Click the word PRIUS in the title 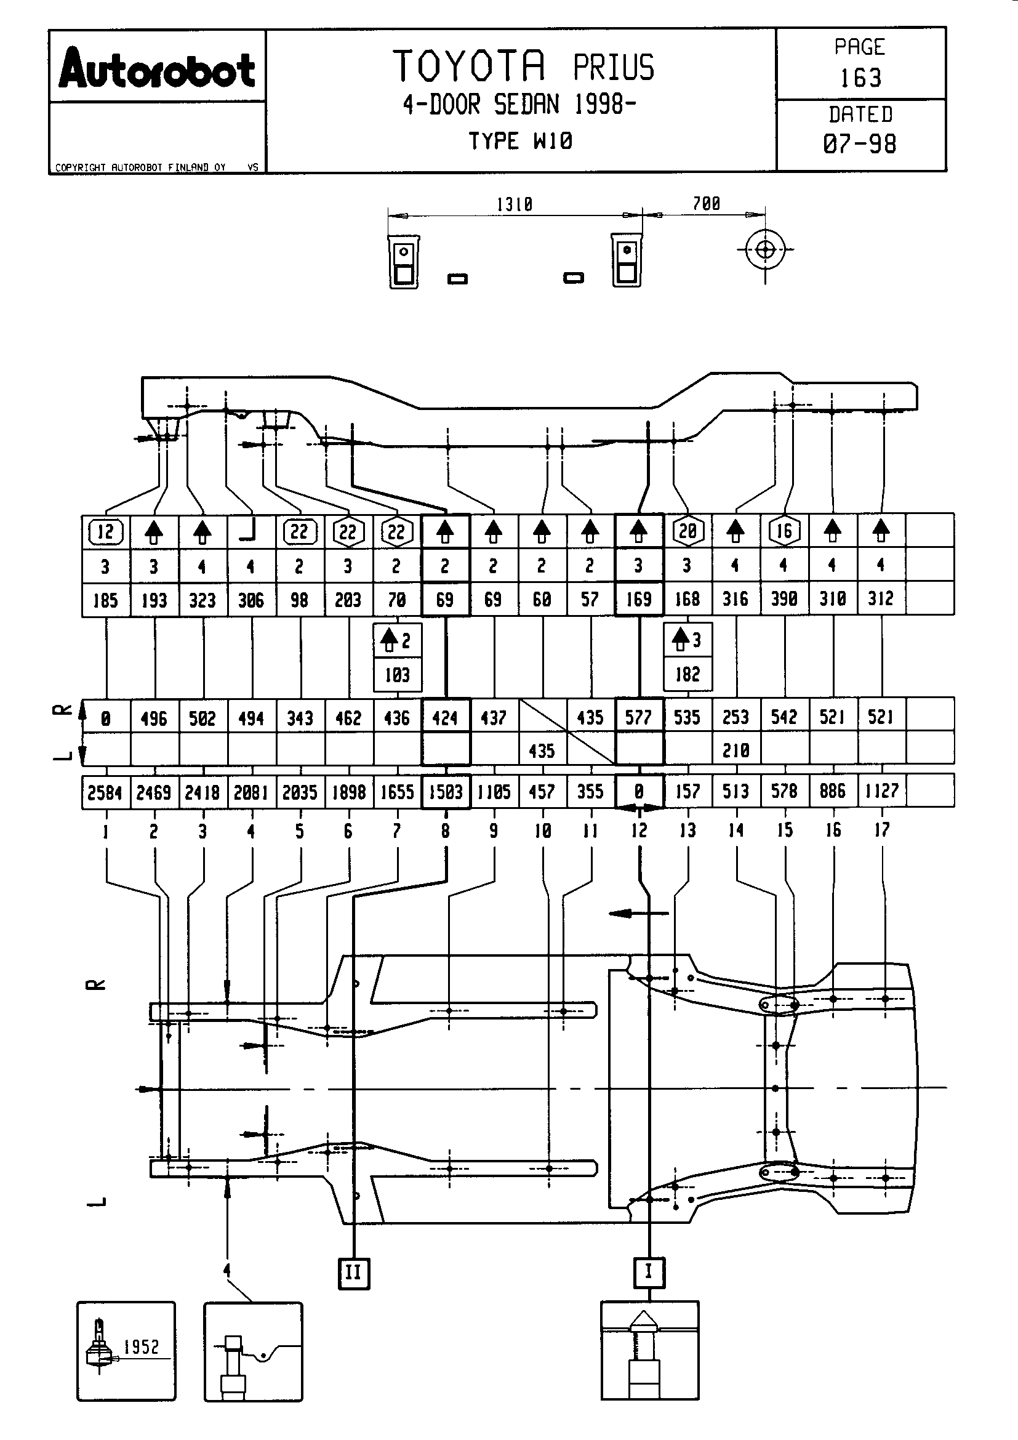613,68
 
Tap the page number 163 860,78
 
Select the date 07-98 860,144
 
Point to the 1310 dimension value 514,204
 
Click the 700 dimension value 707,204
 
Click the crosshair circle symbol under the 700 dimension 765,249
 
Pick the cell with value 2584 105,793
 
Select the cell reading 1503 446,792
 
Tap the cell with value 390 784,599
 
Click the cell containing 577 639,717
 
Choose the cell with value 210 736,750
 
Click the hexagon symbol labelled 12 105,532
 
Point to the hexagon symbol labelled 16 784,531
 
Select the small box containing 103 398,675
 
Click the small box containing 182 687,674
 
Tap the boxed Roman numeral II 353,1273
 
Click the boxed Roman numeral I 649,1271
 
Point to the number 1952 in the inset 142,1346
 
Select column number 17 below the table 882,831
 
